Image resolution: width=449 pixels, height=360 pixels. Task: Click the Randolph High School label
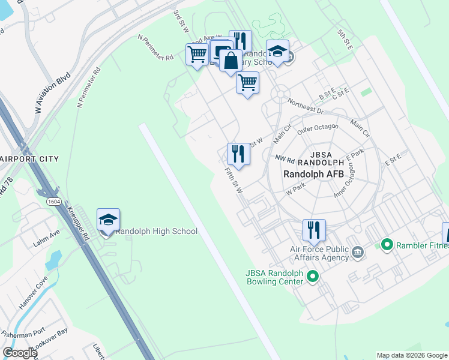156,232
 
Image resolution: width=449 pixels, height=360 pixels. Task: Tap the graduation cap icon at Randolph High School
108,220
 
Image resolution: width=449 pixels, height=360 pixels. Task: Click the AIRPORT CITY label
29,158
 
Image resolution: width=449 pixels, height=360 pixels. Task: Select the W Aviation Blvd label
52,94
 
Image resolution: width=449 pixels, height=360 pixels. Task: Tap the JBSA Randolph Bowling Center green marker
312,277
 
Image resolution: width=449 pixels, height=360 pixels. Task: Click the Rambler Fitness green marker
387,245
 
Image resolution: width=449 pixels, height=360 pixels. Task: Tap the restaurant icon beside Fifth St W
238,154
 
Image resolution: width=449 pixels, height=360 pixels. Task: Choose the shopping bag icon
231,61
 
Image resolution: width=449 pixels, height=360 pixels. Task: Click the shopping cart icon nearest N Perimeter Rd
197,55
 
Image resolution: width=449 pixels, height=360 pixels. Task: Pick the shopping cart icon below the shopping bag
247,83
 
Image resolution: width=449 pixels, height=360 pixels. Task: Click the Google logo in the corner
20,353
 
